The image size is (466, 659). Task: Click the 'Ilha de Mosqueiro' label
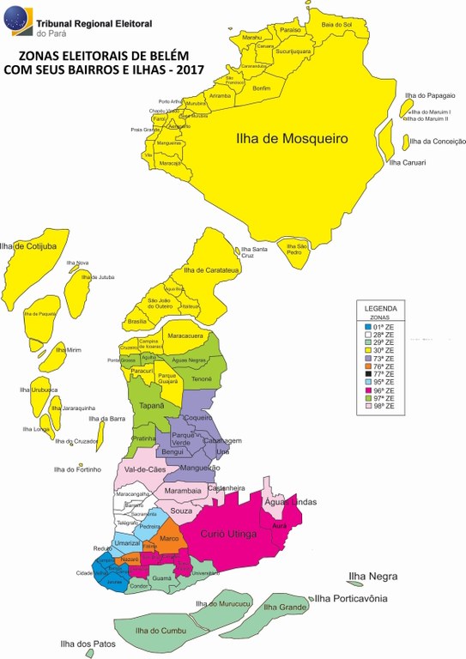[291, 137]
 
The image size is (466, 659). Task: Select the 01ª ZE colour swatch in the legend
[366, 327]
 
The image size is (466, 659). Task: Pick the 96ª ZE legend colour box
[366, 390]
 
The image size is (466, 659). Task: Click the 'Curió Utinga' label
[228, 535]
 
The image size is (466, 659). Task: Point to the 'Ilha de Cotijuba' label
[28, 246]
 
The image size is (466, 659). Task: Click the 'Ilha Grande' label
[286, 608]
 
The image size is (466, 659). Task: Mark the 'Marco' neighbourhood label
[170, 538]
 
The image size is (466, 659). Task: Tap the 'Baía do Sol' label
[336, 25]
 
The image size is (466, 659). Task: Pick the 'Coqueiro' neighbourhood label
[198, 419]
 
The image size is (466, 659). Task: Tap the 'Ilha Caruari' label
[408, 161]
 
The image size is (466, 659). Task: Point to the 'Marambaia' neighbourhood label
[183, 491]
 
